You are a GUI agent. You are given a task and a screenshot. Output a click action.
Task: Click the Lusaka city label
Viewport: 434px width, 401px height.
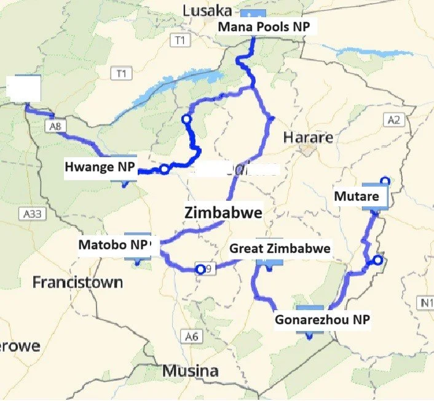(x=208, y=10)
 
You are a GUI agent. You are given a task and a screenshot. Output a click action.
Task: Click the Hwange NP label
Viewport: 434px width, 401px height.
(x=100, y=168)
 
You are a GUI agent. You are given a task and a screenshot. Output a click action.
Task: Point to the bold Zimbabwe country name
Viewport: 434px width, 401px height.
(x=223, y=212)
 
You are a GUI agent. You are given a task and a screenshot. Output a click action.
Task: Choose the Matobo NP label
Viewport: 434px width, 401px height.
(x=114, y=244)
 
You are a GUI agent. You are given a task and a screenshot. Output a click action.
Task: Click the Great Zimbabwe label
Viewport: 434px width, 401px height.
(x=280, y=249)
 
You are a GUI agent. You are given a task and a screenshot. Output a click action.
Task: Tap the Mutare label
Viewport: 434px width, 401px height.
(x=356, y=197)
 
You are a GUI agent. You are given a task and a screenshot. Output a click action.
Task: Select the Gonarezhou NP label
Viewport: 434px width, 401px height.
(x=322, y=320)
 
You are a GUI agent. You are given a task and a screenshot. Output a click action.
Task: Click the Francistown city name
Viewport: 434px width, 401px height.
(x=77, y=282)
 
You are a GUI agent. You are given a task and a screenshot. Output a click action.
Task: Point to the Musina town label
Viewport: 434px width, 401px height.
(x=190, y=371)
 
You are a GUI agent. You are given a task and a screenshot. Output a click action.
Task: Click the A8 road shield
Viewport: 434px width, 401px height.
(x=54, y=125)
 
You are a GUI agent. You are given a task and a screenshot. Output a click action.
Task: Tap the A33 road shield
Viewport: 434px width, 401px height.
(x=31, y=214)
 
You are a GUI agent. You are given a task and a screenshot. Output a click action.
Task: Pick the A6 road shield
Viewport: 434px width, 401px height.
(x=192, y=336)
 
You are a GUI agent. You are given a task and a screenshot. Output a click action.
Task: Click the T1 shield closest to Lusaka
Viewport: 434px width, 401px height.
(x=180, y=41)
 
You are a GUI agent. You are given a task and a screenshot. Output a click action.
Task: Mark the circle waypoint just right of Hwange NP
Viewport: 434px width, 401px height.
(x=164, y=169)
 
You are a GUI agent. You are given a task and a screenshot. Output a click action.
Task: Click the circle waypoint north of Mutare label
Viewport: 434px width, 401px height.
(x=385, y=181)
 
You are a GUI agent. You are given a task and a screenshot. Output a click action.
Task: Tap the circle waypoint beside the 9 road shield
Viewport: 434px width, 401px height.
(x=199, y=269)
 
